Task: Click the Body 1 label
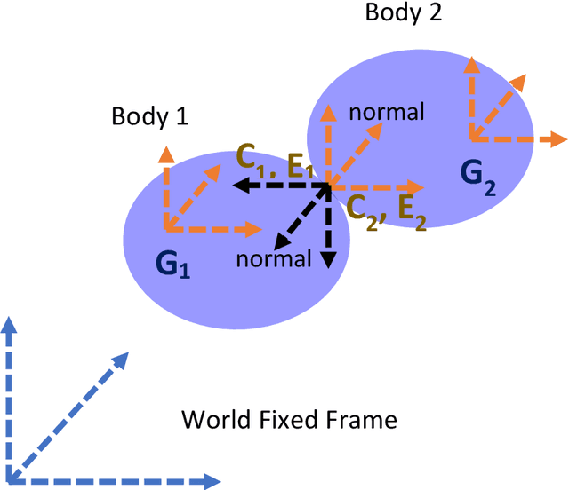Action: (x=149, y=117)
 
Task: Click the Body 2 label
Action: (x=404, y=13)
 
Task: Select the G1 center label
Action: (x=172, y=264)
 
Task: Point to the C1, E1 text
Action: (x=275, y=161)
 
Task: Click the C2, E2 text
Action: (x=385, y=209)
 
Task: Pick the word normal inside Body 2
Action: (x=386, y=113)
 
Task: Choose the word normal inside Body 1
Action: (x=274, y=258)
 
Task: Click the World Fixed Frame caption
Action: (x=288, y=418)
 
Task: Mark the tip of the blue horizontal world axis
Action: (x=212, y=481)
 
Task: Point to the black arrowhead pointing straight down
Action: (x=328, y=259)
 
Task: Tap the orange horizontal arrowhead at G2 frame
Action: (x=559, y=138)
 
